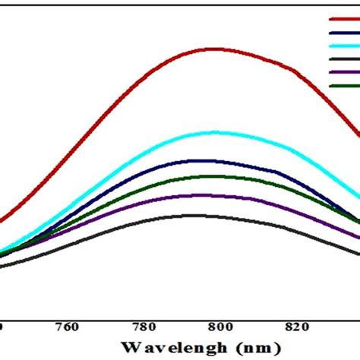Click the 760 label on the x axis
click(x=68, y=327)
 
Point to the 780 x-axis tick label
click(x=144, y=327)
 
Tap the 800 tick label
click(x=219, y=327)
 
